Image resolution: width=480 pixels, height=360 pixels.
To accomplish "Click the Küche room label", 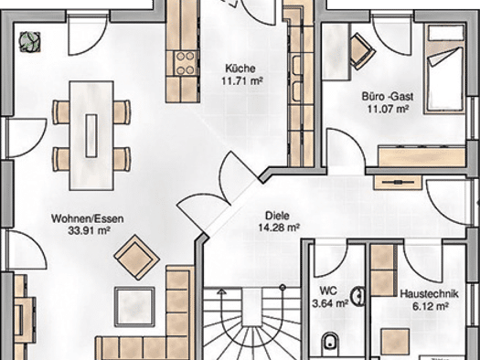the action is tap(240, 68).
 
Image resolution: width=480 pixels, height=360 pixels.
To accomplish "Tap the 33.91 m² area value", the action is tap(89, 230).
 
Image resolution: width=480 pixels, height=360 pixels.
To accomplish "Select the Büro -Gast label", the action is tap(388, 97).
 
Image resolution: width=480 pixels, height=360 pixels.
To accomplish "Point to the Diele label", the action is tap(277, 216).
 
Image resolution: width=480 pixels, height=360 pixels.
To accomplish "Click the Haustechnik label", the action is tap(430, 293).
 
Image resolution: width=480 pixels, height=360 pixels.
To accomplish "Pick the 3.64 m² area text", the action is tap(330, 303).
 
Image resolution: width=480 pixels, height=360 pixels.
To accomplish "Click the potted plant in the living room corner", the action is tap(29, 42).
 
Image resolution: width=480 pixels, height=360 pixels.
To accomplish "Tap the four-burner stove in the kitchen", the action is tap(186, 63).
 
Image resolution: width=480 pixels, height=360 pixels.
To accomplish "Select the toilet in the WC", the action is tap(330, 342).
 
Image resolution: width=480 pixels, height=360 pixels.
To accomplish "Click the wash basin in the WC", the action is tap(357, 296).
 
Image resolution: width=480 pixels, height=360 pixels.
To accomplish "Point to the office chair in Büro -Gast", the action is tap(362, 51).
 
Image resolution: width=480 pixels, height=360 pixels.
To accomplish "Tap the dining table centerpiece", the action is tap(91, 135).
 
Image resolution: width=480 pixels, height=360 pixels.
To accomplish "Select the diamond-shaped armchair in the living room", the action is tap(136, 257).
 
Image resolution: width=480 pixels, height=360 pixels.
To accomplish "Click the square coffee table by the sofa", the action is tap(134, 307).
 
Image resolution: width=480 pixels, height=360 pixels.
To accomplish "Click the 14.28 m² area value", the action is tap(279, 228).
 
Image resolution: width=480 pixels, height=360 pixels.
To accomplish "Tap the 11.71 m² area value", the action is tap(241, 81).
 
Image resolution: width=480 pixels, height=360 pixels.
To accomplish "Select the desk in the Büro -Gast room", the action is tap(336, 52).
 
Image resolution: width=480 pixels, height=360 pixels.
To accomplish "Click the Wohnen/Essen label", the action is tap(88, 218).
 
